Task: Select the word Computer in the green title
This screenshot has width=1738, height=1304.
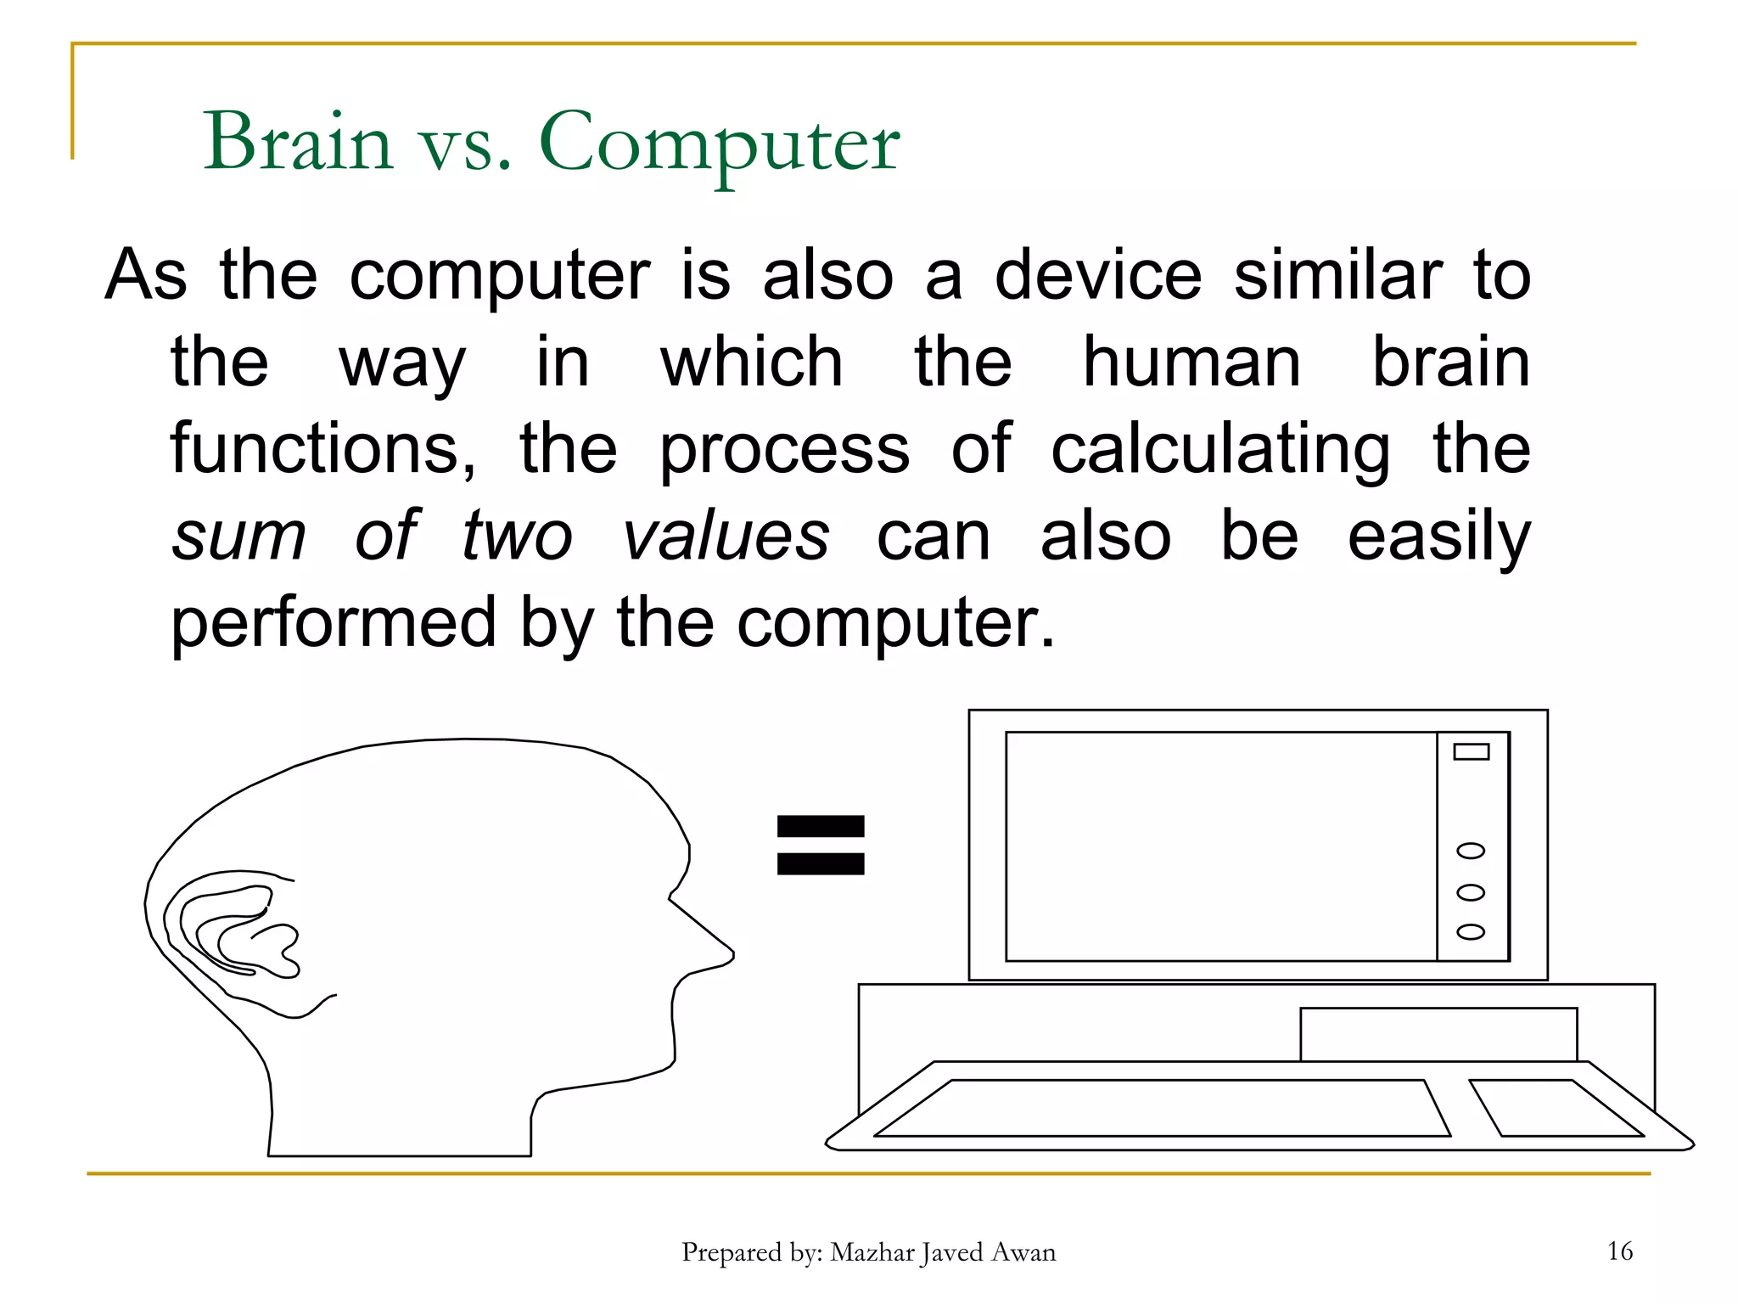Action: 719,143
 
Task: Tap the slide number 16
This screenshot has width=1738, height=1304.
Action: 1619,1251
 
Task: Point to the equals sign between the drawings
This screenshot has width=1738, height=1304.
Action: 821,845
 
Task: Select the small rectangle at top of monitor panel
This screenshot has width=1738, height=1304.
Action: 1471,751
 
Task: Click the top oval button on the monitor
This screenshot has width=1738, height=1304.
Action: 1471,851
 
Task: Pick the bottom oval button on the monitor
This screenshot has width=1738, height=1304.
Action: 1471,931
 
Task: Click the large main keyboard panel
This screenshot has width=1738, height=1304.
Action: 1163,1108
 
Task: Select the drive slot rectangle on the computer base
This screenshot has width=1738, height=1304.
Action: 1438,1034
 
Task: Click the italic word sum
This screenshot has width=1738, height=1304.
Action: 238,537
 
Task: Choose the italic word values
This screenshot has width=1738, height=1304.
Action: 726,537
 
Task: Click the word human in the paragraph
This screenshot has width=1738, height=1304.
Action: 1191,363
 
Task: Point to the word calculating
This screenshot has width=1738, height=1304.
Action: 1220,450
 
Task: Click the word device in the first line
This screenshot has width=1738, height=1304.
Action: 1098,276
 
